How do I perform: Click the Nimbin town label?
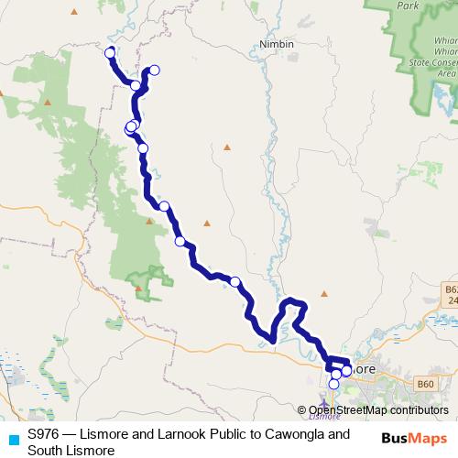tap(276, 44)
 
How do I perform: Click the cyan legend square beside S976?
tap(13, 441)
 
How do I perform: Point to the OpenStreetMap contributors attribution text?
tap(378, 409)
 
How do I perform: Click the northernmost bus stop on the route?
tap(110, 53)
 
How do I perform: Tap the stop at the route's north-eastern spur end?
tap(155, 70)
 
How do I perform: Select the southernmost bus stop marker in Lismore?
tap(333, 385)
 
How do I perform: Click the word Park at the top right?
tap(408, 5)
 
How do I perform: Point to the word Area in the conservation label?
tap(446, 73)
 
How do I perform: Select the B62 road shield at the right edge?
tap(451, 289)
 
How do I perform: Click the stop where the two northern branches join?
tap(136, 85)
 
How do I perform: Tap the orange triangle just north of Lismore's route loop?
tap(323, 294)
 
